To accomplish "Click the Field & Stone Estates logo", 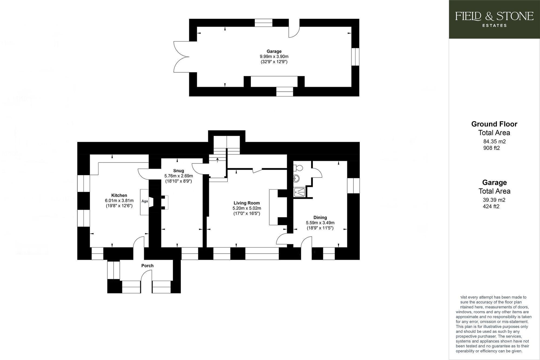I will pyautogui.click(x=494, y=19).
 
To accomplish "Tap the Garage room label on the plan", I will pyautogui.click(x=274, y=51).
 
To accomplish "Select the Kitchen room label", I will pyautogui.click(x=119, y=195).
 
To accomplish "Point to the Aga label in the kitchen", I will pyautogui.click(x=145, y=201).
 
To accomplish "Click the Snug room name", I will pyautogui.click(x=178, y=171).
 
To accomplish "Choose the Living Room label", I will pyautogui.click(x=247, y=203).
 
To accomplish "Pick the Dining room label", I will pyautogui.click(x=320, y=217).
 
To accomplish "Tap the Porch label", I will pyautogui.click(x=147, y=266).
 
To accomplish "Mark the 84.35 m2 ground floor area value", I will pyautogui.click(x=494, y=141).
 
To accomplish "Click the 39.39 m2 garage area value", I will pyautogui.click(x=494, y=200).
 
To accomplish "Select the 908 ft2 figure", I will pyautogui.click(x=491, y=148).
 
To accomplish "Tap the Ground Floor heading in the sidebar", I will pyautogui.click(x=494, y=124).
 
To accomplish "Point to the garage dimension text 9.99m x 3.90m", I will pyautogui.click(x=274, y=56).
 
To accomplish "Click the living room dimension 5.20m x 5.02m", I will pyautogui.click(x=247, y=208).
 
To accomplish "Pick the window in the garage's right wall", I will pyautogui.click(x=355, y=57).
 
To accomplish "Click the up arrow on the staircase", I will pyautogui.click(x=218, y=160).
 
